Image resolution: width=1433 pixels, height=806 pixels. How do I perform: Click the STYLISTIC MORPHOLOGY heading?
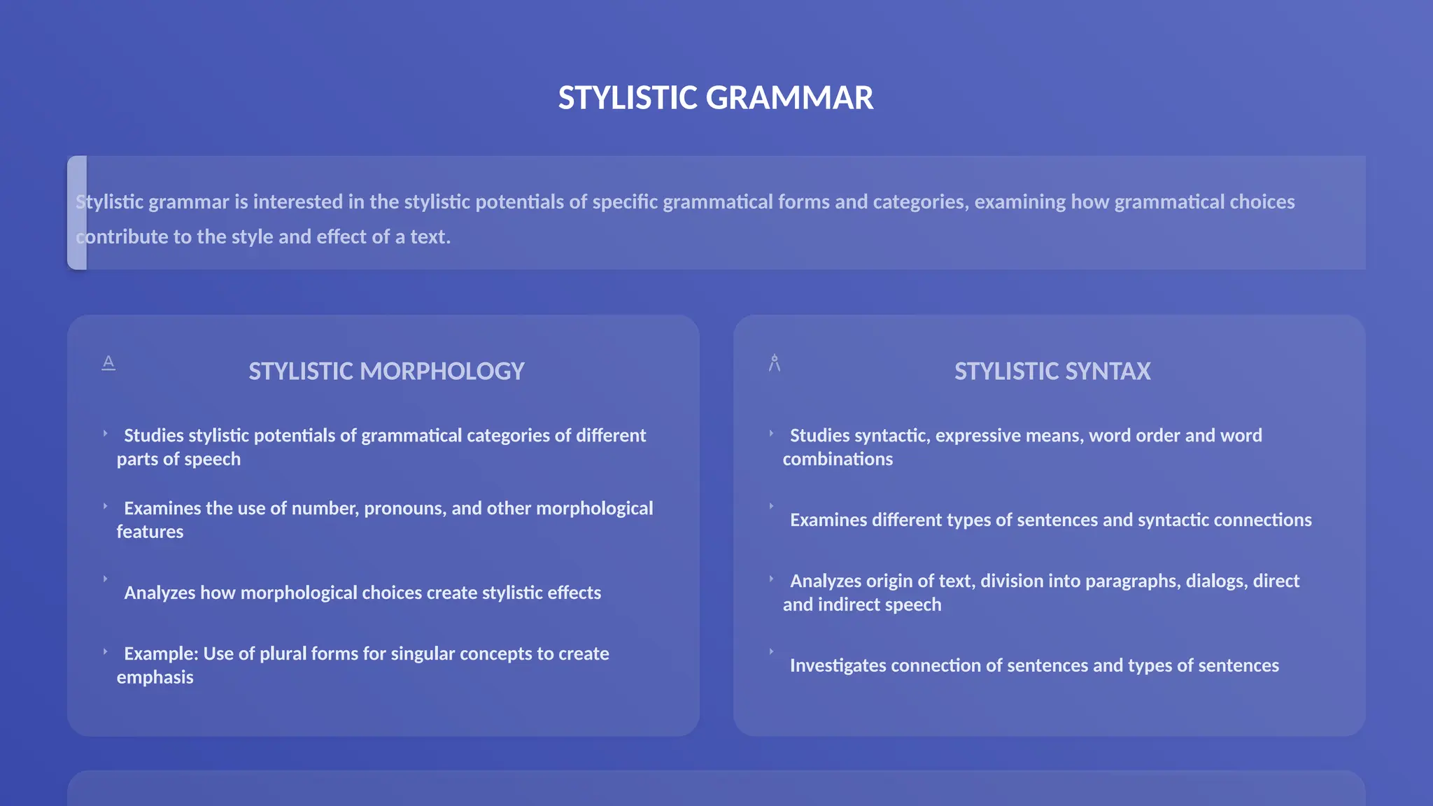pos(386,372)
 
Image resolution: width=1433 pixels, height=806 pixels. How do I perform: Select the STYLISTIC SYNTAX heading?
pos(1052,372)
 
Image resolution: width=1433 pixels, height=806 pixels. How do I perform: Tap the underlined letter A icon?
pos(108,362)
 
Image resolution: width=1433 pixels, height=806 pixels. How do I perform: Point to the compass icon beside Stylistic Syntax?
pos(775,363)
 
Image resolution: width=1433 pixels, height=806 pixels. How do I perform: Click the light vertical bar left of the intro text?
pos(77,213)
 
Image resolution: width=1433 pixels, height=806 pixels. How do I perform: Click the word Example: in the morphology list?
pos(161,654)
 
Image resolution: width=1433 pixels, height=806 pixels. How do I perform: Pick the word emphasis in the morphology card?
pos(155,678)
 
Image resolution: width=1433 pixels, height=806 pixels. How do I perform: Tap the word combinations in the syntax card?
pos(838,460)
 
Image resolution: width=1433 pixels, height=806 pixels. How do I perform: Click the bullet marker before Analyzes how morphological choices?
pos(106,579)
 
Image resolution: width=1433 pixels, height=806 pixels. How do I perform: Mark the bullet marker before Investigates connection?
pos(772,652)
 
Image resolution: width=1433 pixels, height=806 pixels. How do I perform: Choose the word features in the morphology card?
pos(150,532)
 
